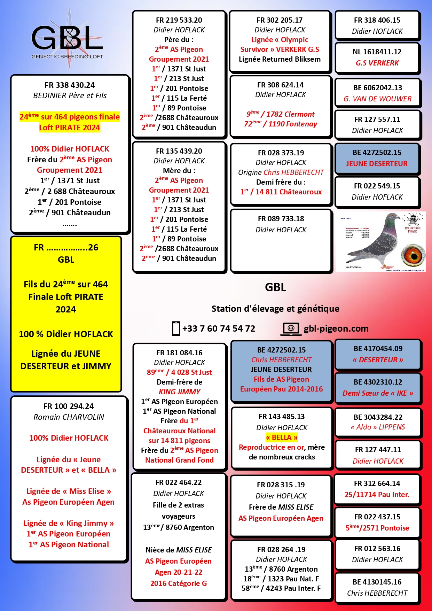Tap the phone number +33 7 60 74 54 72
219,328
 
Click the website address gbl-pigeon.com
336,328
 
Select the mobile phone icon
176,328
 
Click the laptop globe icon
291,328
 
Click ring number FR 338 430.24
70,85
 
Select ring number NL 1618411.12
377,52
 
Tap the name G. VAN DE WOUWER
377,99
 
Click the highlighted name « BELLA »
282,438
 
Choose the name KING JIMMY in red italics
180,392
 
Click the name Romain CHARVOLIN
69,417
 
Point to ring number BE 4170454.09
378,349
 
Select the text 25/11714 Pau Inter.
377,495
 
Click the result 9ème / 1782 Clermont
281,114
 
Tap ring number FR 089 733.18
281,219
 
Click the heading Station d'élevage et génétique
275,309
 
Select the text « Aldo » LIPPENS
378,427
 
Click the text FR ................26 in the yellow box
66,248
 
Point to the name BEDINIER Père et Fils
70,95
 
